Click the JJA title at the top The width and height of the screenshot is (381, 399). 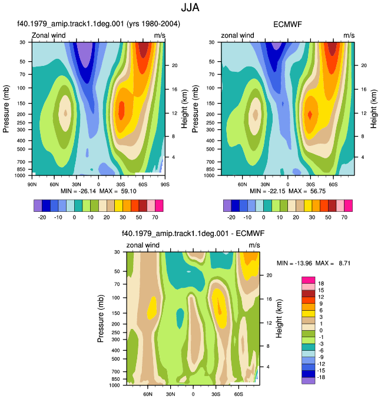[x=190, y=8]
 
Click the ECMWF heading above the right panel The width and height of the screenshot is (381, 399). [x=287, y=25]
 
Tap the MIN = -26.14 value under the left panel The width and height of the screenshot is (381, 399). [x=78, y=191]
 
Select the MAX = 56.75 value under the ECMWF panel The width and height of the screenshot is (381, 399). [x=307, y=191]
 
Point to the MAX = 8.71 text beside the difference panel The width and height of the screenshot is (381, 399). [x=333, y=263]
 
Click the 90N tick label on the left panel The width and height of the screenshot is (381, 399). [x=32, y=184]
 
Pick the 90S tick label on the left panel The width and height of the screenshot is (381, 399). [x=165, y=184]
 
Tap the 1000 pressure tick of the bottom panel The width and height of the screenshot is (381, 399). [x=114, y=385]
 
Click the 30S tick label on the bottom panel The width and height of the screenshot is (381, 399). [x=216, y=394]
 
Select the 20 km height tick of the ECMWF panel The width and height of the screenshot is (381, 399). [x=364, y=65]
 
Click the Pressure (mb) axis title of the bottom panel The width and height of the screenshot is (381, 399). [x=101, y=318]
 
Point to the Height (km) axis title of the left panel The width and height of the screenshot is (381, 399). [x=184, y=109]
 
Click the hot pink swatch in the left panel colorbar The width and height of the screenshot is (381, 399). [x=159, y=205]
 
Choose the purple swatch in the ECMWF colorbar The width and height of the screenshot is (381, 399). [x=227, y=205]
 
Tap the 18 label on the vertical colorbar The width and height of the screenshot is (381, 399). [x=321, y=284]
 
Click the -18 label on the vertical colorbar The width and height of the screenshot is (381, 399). [x=321, y=377]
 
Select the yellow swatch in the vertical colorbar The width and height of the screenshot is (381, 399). [x=309, y=314]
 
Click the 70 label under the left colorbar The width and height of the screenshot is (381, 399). [x=155, y=217]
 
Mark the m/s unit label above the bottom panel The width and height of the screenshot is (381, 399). [x=254, y=245]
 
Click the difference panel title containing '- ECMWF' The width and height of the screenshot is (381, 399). [x=193, y=234]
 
